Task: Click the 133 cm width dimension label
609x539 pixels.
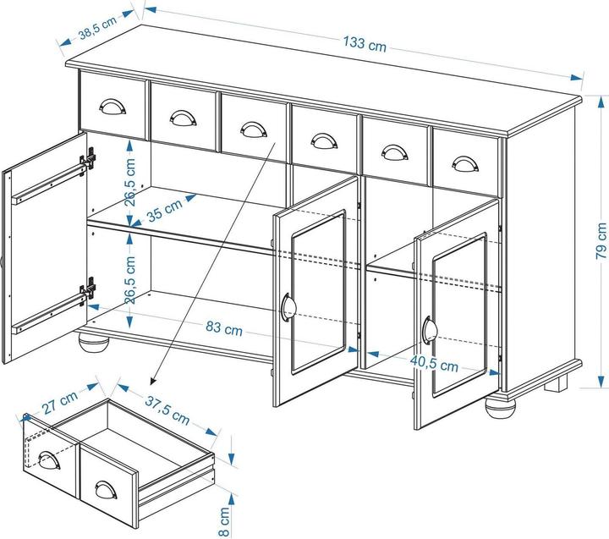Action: (365, 43)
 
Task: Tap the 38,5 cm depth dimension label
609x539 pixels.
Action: (97, 28)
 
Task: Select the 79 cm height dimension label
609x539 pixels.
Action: (601, 241)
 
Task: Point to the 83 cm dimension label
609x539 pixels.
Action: (224, 329)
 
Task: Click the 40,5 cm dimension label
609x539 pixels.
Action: (434, 364)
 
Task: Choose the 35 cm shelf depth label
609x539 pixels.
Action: (165, 210)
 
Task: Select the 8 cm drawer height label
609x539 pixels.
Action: (224, 521)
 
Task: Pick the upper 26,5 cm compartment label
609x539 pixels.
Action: (129, 182)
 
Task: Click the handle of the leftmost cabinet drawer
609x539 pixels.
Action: (112, 107)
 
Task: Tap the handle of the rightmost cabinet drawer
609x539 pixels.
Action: (465, 163)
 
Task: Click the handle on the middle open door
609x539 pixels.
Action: (288, 305)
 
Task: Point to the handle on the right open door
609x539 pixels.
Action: (429, 329)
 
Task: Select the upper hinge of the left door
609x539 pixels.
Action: (88, 158)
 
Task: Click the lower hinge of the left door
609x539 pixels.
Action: (88, 289)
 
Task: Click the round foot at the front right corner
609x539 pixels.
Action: (500, 408)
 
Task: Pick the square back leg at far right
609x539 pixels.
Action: (556, 382)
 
